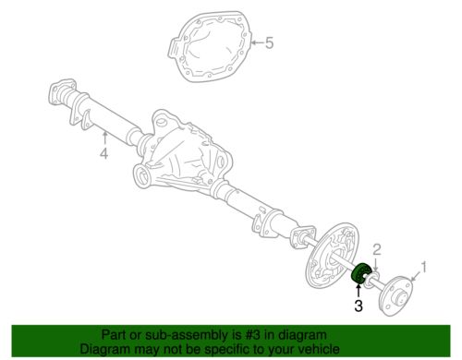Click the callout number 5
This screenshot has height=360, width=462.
point(269,42)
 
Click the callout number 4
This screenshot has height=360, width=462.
point(104,153)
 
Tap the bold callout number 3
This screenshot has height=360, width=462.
point(359,306)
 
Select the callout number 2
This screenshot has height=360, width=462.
point(377,250)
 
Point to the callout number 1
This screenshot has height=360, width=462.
point(424,267)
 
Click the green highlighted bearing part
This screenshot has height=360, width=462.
point(359,272)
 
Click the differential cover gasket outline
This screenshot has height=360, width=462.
point(211,46)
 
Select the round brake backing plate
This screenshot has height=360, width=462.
point(332,255)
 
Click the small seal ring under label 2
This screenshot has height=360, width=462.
point(371,280)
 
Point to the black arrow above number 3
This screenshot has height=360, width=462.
point(359,291)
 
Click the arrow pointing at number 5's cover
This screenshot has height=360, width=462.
point(258,42)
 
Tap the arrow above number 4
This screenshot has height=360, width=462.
point(104,138)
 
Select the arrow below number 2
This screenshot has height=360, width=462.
point(376,265)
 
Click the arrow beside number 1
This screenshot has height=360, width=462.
point(416,276)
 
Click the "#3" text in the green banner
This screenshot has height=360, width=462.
point(254,335)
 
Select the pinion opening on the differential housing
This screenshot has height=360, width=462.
point(142,175)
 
